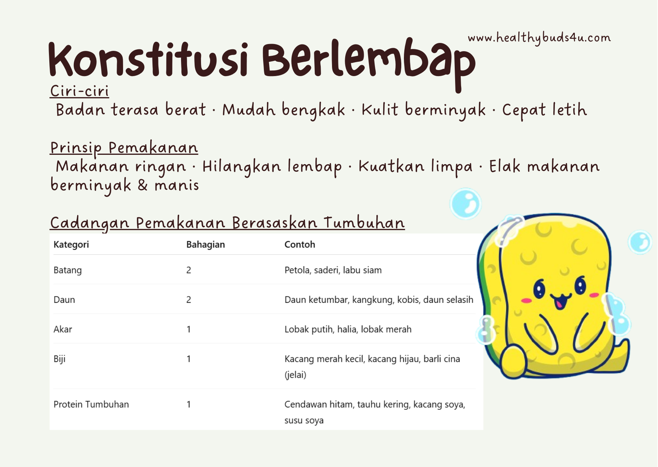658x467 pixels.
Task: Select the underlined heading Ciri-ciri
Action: pyautogui.click(x=79, y=91)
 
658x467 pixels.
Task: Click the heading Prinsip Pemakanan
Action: pyautogui.click(x=124, y=148)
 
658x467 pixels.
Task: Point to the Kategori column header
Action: pyautogui.click(x=71, y=245)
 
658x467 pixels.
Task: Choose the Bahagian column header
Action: pyautogui.click(x=206, y=244)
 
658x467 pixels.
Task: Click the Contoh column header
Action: pyautogui.click(x=300, y=244)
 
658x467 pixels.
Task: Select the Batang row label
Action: pyautogui.click(x=67, y=270)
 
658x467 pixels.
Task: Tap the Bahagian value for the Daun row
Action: pyautogui.click(x=189, y=300)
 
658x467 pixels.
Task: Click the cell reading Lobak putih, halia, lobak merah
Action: pyautogui.click(x=348, y=330)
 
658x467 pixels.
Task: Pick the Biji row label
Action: pyautogui.click(x=59, y=359)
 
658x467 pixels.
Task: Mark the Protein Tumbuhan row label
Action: pyautogui.click(x=91, y=404)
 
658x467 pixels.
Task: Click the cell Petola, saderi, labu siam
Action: pyautogui.click(x=333, y=270)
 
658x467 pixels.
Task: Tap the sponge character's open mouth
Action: pyautogui.click(x=560, y=301)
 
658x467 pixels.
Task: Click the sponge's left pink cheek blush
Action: pyautogui.click(x=526, y=301)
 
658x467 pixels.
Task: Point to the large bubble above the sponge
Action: pyautogui.click(x=466, y=204)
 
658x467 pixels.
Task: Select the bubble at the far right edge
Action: pyautogui.click(x=640, y=242)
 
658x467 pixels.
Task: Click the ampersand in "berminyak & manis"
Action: pyautogui.click(x=143, y=185)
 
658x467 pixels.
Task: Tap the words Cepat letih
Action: pyautogui.click(x=544, y=110)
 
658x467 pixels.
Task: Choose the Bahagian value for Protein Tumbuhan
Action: pyautogui.click(x=189, y=404)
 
